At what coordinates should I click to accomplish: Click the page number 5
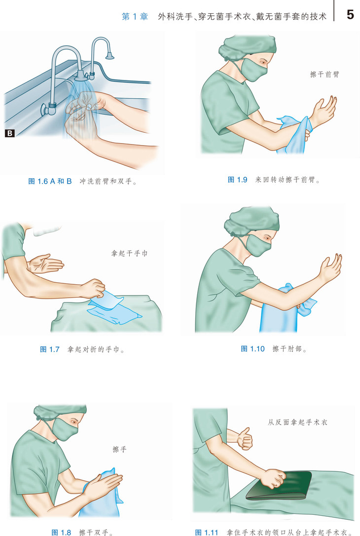tap(350, 14)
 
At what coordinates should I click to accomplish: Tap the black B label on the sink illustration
tap(9, 133)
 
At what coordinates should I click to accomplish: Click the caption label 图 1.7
tap(49, 349)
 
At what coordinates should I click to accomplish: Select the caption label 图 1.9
tap(237, 180)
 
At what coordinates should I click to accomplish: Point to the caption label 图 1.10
tap(253, 348)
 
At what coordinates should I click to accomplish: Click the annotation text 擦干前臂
tap(324, 74)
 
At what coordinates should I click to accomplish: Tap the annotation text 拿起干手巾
tap(129, 253)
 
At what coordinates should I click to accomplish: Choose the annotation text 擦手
tap(119, 449)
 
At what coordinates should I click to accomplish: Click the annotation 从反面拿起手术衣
tap(297, 422)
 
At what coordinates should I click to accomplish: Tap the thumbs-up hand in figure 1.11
tap(244, 439)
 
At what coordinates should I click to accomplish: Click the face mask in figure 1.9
tap(253, 71)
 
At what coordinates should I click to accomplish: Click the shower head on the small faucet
tap(109, 55)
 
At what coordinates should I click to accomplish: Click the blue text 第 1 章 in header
tap(135, 16)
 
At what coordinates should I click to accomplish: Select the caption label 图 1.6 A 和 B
tap(50, 181)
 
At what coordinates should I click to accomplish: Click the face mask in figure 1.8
tap(66, 429)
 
